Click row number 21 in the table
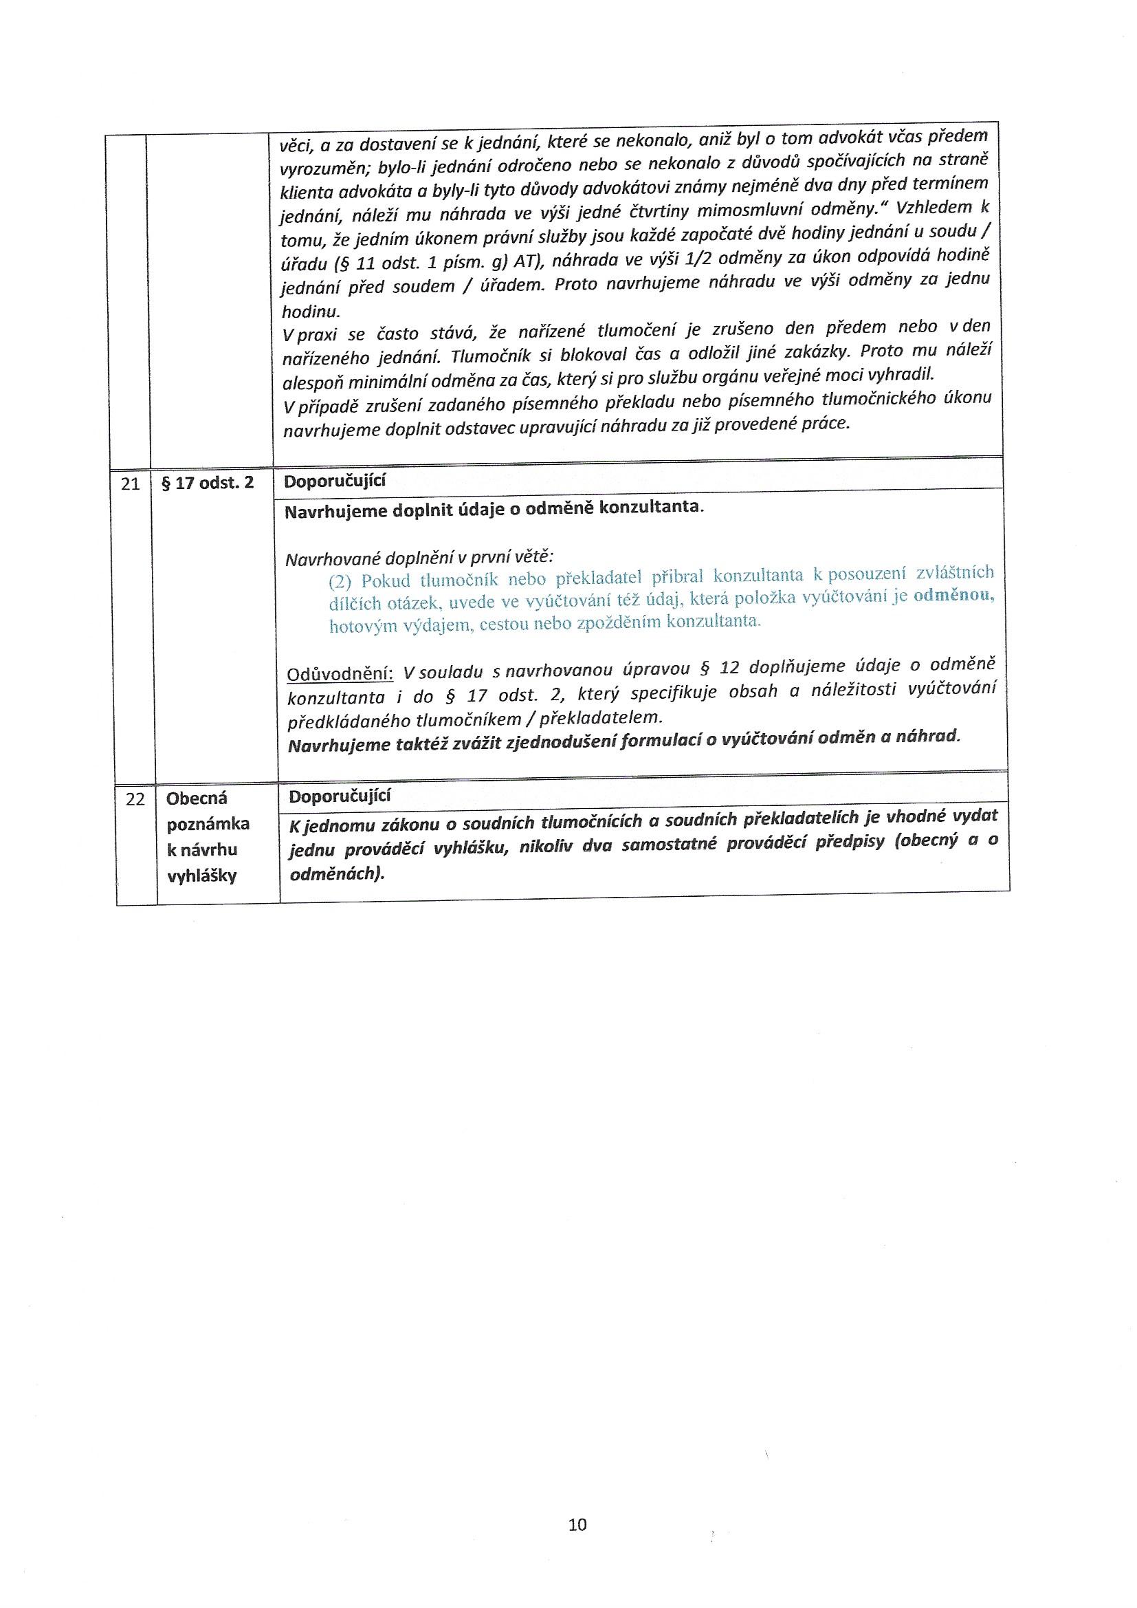coord(131,484)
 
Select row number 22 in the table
coord(135,799)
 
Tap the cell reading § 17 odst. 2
coord(208,484)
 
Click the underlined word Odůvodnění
coord(341,674)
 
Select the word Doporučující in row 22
coord(340,796)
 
